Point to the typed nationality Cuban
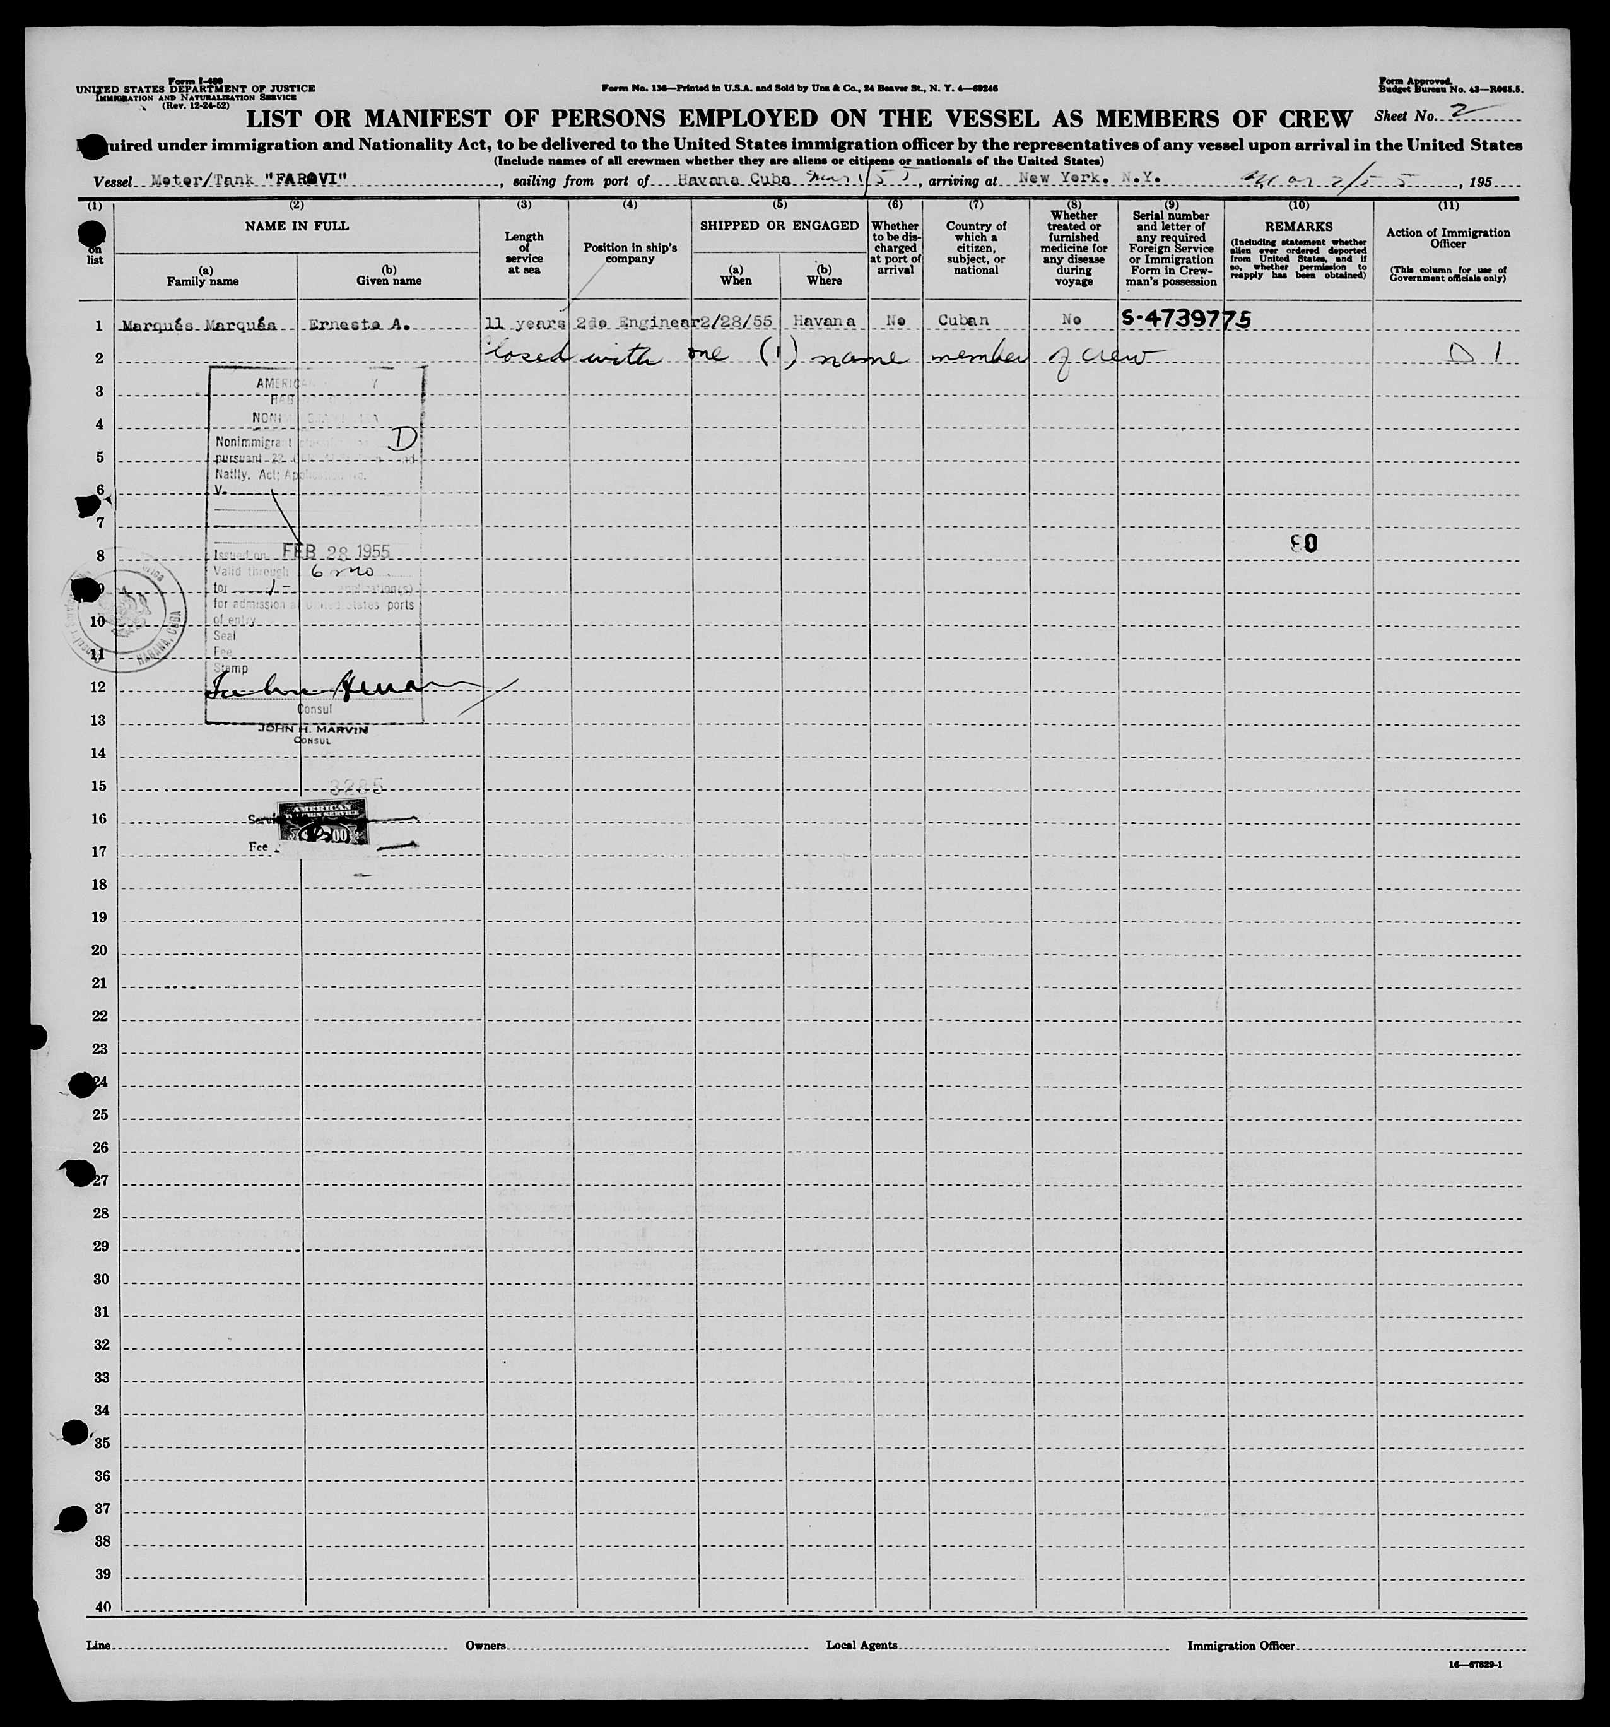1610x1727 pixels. pos(963,321)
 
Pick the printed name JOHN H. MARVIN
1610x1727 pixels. pos(312,729)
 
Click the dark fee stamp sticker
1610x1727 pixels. pos(321,821)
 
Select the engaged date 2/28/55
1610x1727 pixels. pos(735,321)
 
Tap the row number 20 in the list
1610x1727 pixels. pos(100,950)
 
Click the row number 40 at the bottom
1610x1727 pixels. pos(102,1607)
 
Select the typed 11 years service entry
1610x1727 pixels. pos(524,323)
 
